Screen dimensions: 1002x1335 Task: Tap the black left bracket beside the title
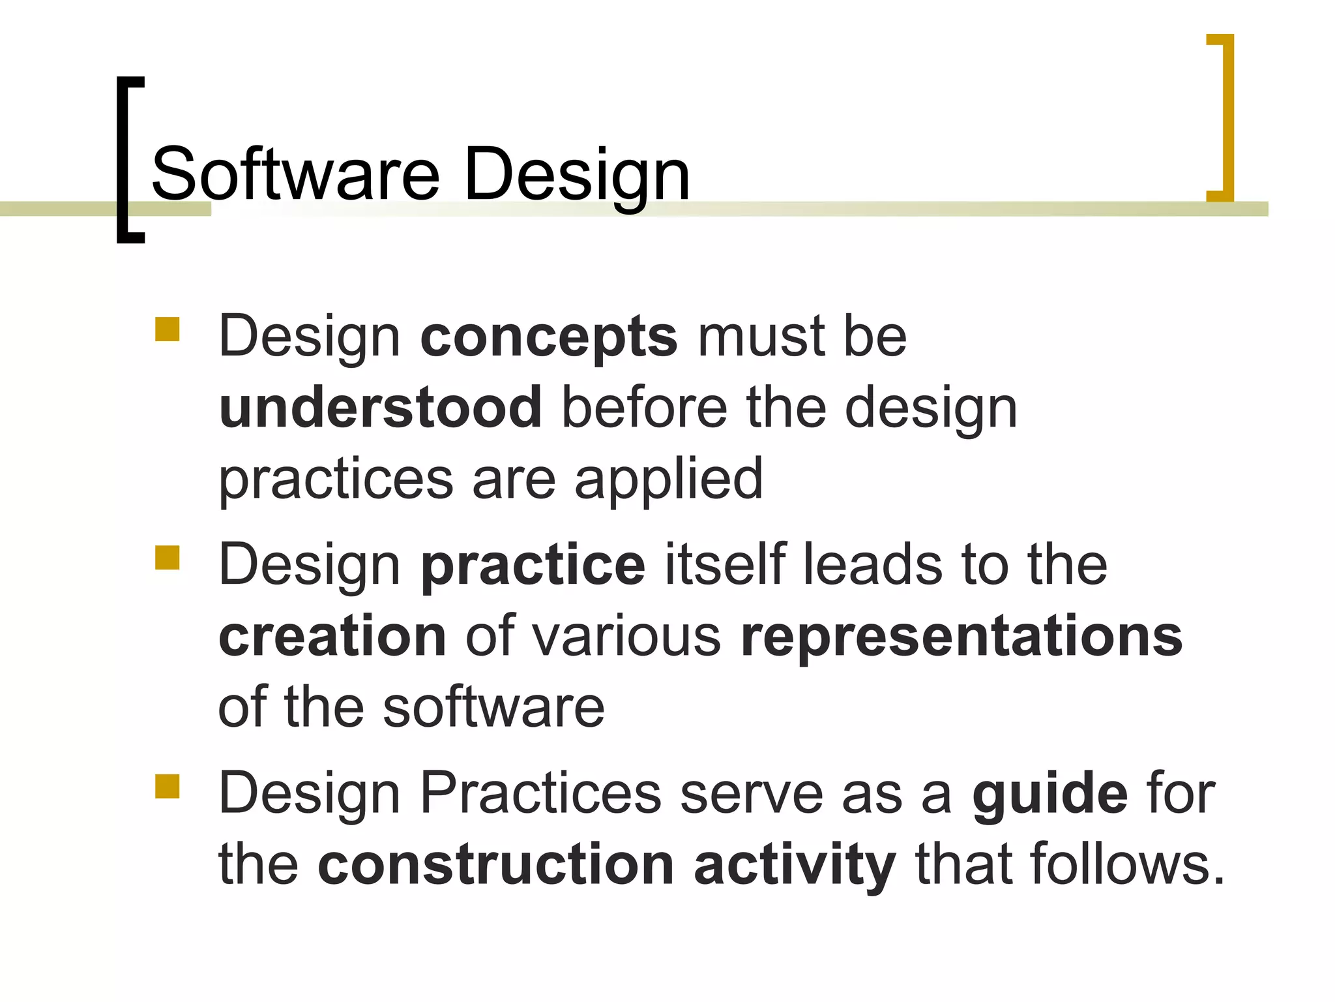(x=122, y=160)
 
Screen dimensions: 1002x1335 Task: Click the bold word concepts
(x=549, y=338)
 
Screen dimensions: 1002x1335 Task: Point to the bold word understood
(x=381, y=408)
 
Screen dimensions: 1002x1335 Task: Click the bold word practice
(x=533, y=566)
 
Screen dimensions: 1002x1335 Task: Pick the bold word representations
(x=961, y=637)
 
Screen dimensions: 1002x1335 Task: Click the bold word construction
(x=495, y=865)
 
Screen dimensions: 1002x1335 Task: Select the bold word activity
(x=795, y=866)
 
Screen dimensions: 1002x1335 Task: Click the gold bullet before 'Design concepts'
(x=168, y=329)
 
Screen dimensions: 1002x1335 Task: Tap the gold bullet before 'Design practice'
(x=168, y=558)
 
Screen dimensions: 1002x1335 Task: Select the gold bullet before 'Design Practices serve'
(x=168, y=786)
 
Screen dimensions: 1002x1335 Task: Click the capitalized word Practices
(x=541, y=794)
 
